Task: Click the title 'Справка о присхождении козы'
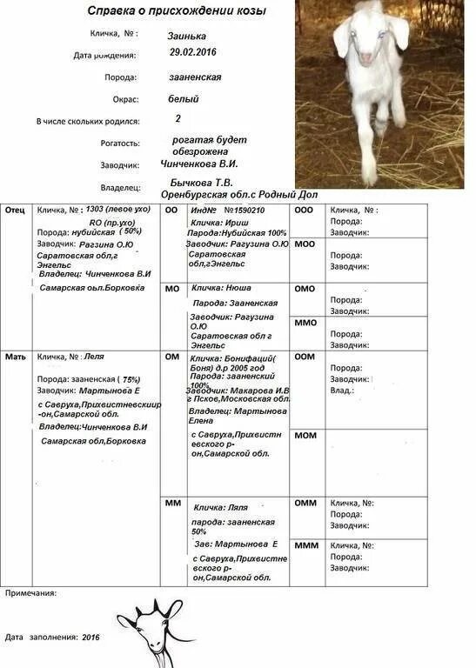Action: (177, 11)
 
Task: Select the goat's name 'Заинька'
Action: (187, 37)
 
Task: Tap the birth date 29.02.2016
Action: (193, 53)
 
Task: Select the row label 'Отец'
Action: (15, 210)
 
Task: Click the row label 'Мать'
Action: (16, 357)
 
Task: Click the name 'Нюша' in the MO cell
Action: (239, 286)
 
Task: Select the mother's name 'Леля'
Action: (93, 357)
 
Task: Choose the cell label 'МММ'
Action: (305, 544)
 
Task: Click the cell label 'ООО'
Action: (304, 210)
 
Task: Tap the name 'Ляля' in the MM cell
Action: (237, 506)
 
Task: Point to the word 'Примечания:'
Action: (31, 592)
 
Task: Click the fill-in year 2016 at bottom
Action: (91, 637)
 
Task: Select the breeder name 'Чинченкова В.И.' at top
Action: (199, 163)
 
